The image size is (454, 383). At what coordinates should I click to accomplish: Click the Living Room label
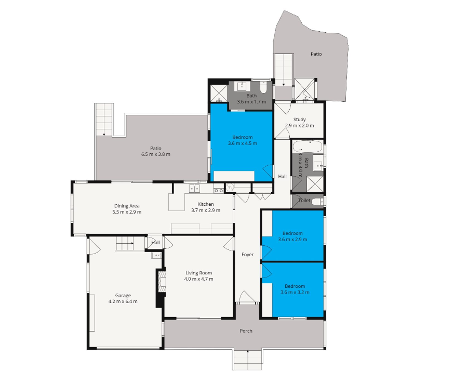(198, 273)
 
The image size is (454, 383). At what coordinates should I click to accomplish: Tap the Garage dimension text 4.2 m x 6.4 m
(123, 301)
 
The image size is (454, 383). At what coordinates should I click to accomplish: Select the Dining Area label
(127, 206)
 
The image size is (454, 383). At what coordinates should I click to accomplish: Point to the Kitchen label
(206, 204)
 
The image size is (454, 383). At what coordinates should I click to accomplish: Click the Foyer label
(248, 255)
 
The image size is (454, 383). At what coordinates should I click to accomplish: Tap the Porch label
(246, 331)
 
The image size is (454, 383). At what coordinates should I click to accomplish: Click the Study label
(299, 120)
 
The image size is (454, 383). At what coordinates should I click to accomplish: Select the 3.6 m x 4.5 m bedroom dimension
(243, 143)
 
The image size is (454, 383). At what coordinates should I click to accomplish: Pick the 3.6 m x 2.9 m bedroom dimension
(293, 240)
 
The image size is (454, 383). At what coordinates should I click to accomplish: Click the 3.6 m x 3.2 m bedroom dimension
(295, 293)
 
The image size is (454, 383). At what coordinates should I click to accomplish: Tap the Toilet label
(304, 201)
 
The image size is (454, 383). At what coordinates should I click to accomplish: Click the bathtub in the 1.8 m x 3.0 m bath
(308, 147)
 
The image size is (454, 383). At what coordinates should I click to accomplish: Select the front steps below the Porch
(248, 360)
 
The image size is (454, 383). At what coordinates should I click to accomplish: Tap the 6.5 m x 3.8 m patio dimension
(156, 154)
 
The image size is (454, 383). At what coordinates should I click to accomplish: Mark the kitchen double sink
(194, 189)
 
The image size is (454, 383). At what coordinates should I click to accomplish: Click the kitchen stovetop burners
(218, 191)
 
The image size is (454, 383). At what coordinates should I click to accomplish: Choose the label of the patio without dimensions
(316, 54)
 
